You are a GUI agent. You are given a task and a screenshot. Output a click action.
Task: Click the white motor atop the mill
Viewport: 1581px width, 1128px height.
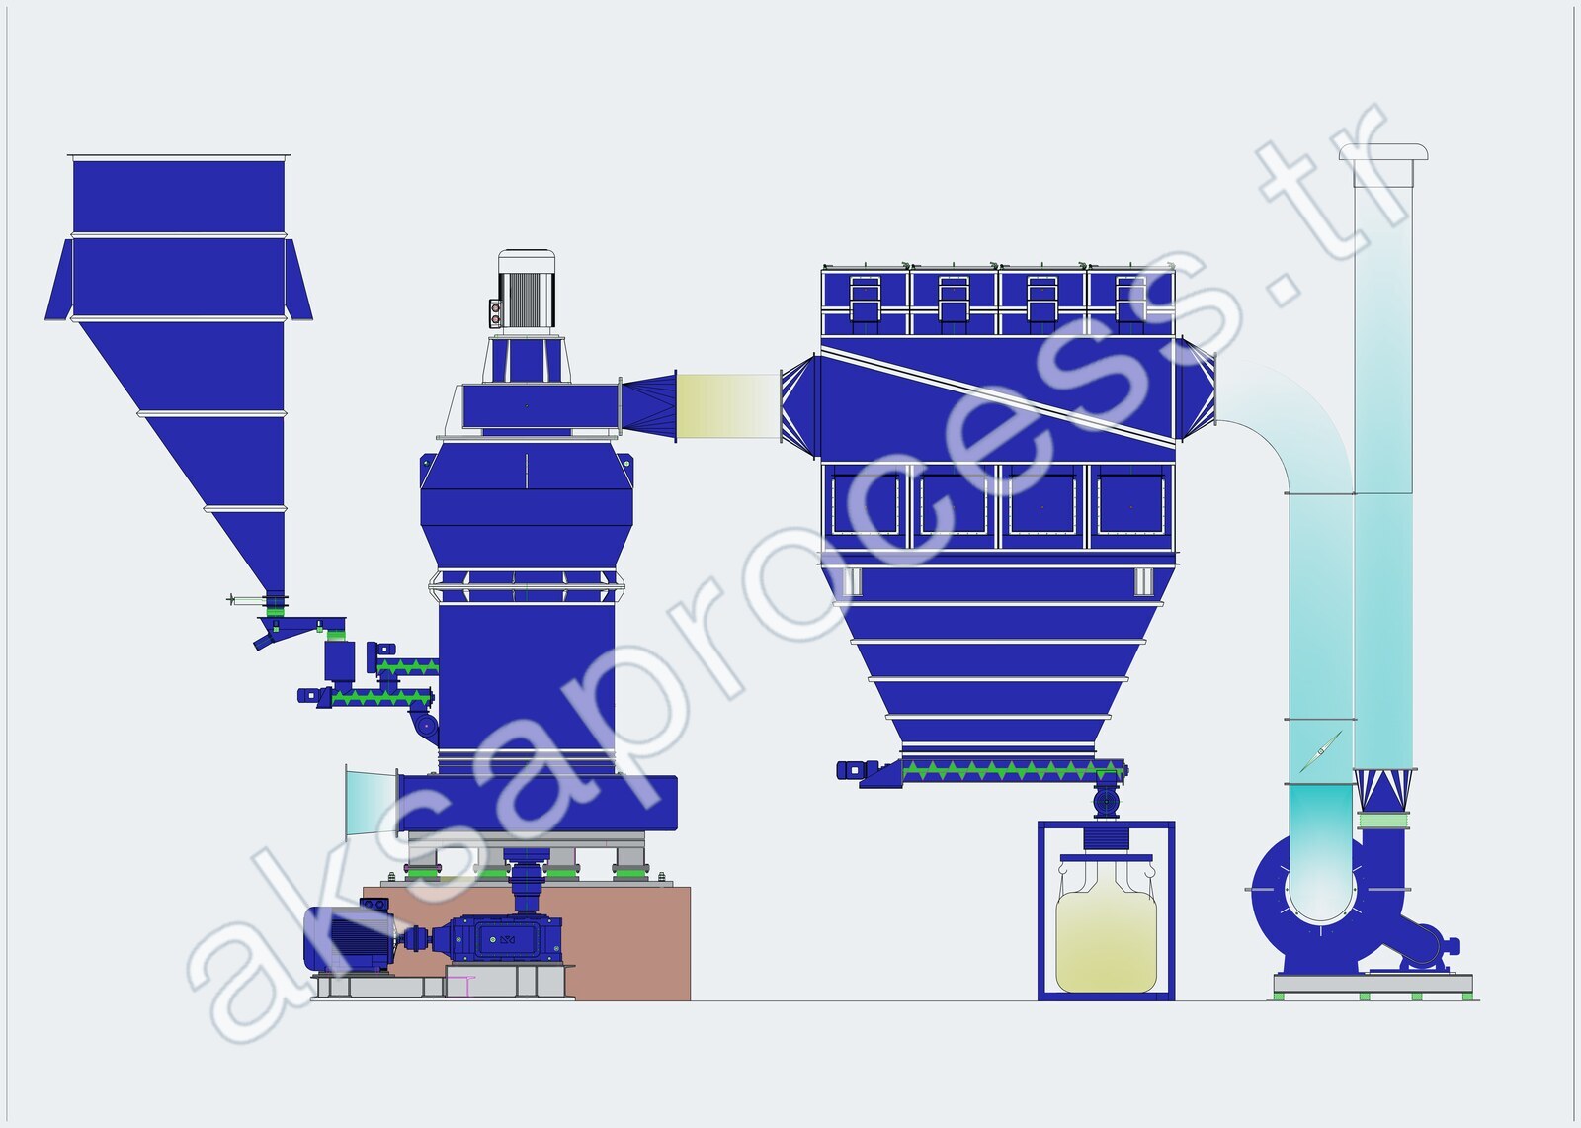526,292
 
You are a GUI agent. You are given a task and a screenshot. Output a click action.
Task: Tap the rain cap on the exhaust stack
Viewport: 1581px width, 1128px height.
1384,152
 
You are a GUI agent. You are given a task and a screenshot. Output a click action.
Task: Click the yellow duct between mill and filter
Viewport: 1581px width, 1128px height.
727,406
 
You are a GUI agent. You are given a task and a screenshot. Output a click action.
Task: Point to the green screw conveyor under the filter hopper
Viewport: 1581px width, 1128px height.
1012,770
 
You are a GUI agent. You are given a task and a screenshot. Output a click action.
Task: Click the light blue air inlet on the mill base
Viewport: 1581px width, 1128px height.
371,803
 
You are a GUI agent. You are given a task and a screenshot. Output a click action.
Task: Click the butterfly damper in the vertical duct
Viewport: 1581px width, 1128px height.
1320,751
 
